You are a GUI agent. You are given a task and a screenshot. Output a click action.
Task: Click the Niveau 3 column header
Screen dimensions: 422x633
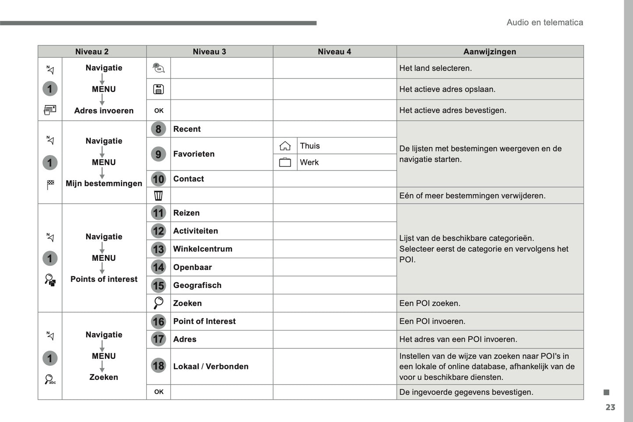point(209,52)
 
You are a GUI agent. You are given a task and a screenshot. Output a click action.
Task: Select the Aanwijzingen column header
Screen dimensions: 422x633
point(490,52)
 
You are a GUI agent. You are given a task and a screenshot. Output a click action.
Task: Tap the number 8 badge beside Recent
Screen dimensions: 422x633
point(158,129)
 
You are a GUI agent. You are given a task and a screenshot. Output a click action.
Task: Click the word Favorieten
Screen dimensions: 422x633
point(194,154)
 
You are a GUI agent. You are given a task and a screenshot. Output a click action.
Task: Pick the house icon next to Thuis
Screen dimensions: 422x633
point(285,146)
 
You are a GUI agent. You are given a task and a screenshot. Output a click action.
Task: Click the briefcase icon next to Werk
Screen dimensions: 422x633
point(285,163)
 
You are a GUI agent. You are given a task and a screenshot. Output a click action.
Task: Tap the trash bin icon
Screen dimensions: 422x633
point(158,195)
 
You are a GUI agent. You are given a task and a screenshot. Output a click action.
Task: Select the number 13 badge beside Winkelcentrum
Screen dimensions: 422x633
point(158,249)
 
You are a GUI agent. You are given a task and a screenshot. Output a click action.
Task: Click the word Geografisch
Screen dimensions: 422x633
point(197,285)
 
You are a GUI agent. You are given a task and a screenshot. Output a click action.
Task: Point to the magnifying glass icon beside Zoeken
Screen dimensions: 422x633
point(158,303)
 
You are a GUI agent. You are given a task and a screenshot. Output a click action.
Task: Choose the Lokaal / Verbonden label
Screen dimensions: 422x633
point(211,366)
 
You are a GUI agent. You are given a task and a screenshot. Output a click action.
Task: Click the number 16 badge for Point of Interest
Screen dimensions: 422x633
point(158,322)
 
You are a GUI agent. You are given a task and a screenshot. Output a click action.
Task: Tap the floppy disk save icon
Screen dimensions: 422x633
point(158,89)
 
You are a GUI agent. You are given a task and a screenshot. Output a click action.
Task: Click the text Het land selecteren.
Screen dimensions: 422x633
point(435,68)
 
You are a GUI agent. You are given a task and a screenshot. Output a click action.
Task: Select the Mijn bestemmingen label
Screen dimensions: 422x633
point(104,183)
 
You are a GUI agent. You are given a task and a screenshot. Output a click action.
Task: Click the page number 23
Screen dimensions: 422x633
point(610,408)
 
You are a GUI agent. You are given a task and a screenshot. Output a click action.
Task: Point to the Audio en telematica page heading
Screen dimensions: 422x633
point(545,22)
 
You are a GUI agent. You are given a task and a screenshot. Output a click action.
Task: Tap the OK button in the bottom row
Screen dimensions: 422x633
point(159,392)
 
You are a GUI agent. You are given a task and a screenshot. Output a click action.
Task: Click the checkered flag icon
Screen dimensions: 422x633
point(50,184)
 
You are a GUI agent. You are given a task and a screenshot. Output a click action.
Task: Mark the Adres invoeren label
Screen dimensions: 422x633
point(104,111)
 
